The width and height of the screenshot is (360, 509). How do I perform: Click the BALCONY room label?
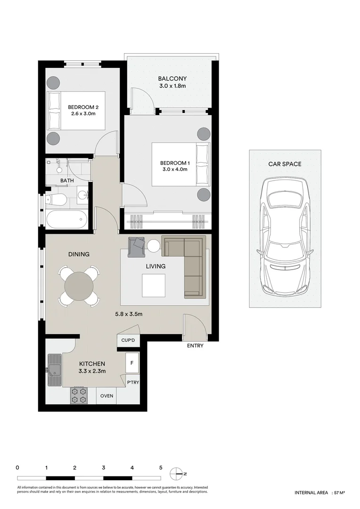(172, 79)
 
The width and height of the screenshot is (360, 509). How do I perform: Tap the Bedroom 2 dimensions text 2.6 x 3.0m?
(83, 114)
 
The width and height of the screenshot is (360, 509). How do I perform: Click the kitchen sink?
(55, 370)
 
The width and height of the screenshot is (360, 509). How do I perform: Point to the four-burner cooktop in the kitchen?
(80, 395)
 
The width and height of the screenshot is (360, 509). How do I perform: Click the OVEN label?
(106, 396)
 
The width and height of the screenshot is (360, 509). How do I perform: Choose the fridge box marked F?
(132, 362)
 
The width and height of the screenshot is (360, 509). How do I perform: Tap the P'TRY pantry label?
(133, 382)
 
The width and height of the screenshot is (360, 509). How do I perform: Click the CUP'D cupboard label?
(128, 340)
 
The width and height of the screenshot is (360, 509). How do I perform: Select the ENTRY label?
(195, 346)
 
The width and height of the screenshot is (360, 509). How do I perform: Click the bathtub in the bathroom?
(66, 220)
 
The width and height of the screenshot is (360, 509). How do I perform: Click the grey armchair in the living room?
(136, 247)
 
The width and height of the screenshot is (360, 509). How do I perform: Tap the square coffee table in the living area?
(154, 285)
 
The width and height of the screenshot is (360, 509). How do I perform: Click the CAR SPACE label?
(285, 164)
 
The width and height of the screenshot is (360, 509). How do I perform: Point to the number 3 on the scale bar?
(104, 468)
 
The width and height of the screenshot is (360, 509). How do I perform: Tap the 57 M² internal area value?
(339, 501)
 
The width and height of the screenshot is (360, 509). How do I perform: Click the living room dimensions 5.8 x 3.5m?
(129, 314)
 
